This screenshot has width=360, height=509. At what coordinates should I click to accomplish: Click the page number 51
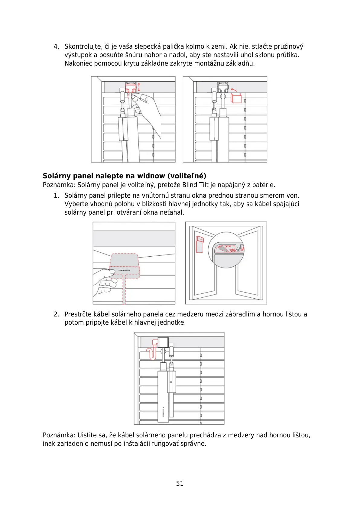[180, 483]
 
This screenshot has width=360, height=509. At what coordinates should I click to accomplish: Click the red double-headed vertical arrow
[139, 87]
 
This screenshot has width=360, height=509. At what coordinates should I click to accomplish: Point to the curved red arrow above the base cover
[234, 90]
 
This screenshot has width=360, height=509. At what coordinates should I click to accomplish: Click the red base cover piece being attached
[236, 98]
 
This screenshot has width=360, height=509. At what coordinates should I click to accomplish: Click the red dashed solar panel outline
[125, 266]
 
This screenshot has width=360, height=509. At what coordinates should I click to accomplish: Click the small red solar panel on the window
[199, 244]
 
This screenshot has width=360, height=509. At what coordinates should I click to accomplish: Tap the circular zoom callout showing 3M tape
[226, 250]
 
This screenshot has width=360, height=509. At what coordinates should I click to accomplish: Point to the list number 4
[56, 47]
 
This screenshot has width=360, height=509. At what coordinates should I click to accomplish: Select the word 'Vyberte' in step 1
[75, 204]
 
